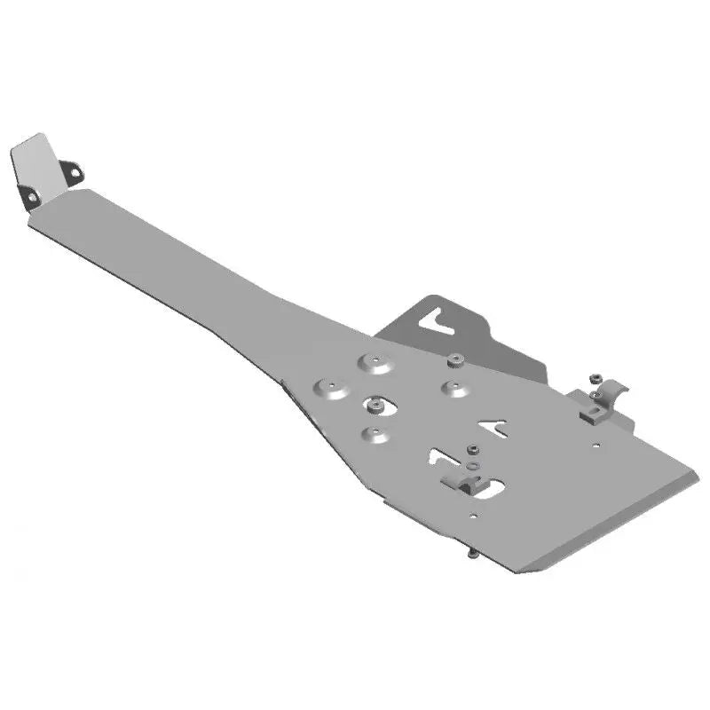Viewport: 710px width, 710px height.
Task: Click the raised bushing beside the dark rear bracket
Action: point(455,359)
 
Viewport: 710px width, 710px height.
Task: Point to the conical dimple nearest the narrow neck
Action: point(331,388)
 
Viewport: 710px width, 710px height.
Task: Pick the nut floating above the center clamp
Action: point(473,449)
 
